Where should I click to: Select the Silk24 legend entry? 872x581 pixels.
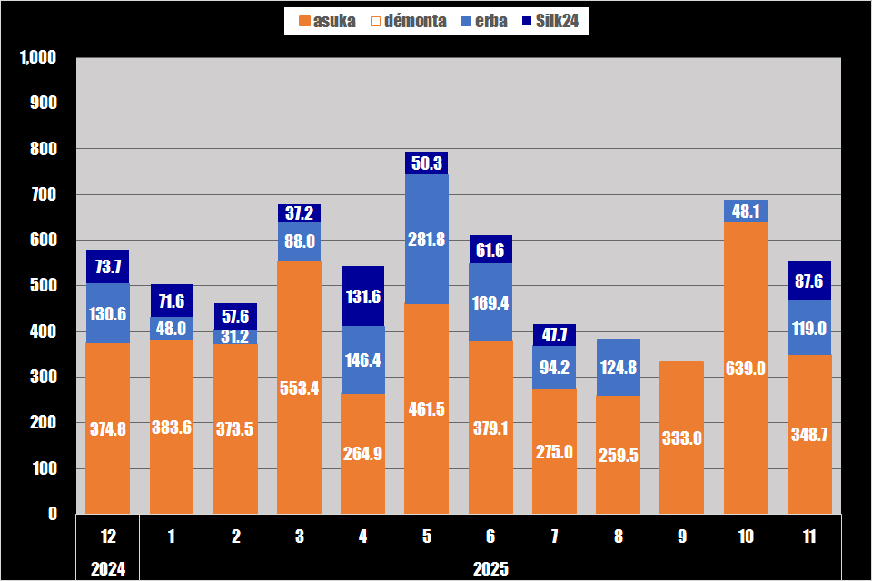(551, 20)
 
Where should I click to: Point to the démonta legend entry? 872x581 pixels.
(409, 20)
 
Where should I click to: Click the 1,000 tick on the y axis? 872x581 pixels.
(38, 58)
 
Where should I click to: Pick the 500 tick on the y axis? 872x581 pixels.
(44, 286)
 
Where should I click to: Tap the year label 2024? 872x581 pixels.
(108, 569)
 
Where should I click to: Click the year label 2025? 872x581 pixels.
(490, 569)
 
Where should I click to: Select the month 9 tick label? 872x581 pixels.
(681, 537)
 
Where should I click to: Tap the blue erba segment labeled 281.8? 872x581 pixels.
(426, 240)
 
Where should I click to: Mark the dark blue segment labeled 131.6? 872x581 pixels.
(362, 296)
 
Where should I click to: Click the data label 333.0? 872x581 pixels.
(681, 438)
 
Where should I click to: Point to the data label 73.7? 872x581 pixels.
(108, 266)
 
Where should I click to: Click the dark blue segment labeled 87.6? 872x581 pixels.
(809, 281)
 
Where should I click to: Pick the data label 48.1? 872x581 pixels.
(746, 212)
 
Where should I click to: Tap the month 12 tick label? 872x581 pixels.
(108, 537)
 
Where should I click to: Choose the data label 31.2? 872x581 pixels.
(236, 337)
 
